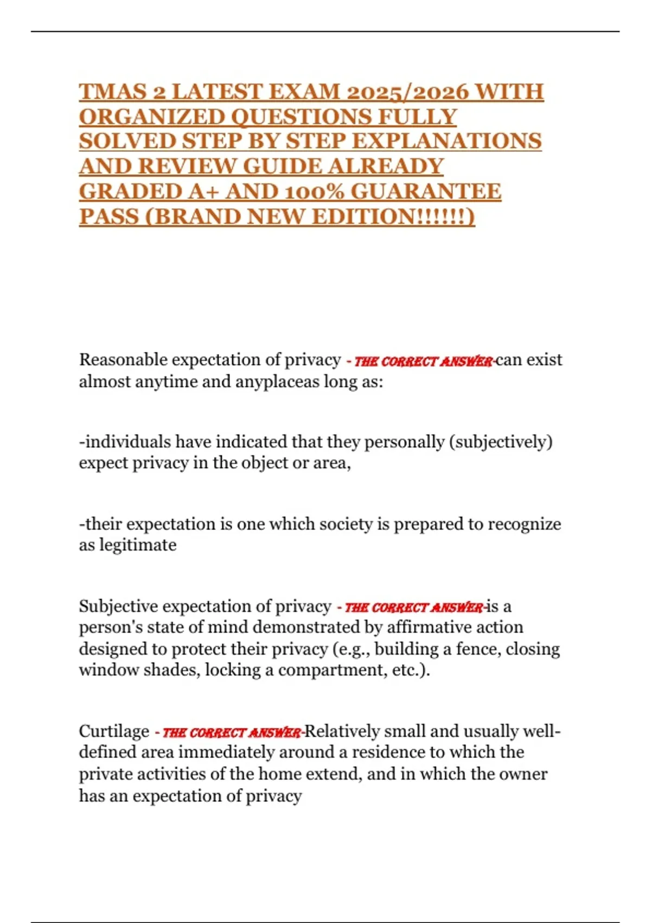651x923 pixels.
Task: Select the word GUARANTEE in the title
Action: tap(426, 191)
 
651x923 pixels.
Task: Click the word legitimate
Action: tap(138, 545)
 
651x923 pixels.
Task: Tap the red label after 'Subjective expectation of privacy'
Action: tap(412, 608)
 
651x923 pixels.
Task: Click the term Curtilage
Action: tap(114, 731)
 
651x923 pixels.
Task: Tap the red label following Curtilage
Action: tap(230, 733)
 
